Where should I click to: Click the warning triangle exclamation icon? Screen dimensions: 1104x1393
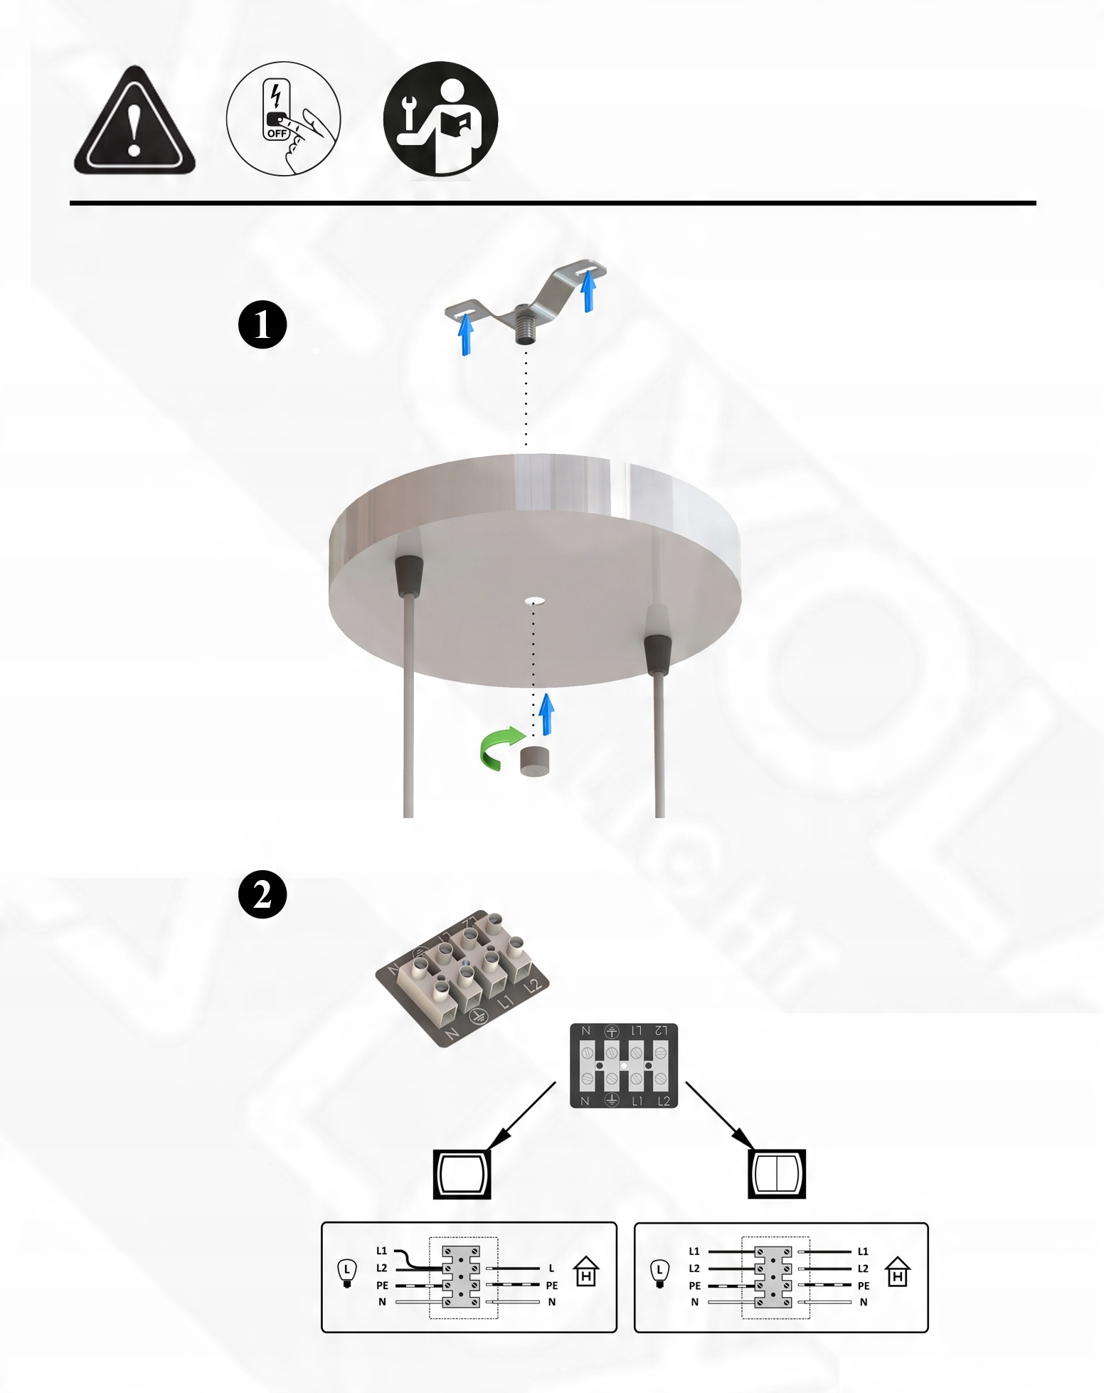point(134,121)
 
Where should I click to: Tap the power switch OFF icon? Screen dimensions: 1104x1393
point(283,118)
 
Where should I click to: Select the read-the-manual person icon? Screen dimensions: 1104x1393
point(440,119)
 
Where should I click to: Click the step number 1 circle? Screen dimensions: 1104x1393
point(262,324)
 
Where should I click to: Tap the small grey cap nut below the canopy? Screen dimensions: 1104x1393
point(535,761)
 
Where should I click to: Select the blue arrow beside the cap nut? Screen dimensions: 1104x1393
point(546,714)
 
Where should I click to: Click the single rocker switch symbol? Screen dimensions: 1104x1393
point(462,1174)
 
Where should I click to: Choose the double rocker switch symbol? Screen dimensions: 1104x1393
point(777,1174)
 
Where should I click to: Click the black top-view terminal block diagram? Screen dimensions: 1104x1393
point(624,1066)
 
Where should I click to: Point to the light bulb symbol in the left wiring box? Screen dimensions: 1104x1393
point(346,1273)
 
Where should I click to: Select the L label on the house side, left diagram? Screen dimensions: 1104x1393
point(551,1268)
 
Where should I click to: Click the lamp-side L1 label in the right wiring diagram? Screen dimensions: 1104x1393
point(694,1251)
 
